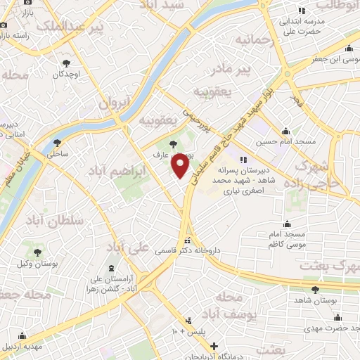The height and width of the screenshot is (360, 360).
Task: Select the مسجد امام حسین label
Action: (x=285, y=141)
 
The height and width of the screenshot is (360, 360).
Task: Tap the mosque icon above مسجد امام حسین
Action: (x=285, y=131)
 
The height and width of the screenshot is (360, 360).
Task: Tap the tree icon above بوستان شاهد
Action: (x=314, y=288)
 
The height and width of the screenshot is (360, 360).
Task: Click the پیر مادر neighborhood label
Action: (x=251, y=69)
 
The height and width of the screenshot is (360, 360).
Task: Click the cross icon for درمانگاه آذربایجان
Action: (x=214, y=346)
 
